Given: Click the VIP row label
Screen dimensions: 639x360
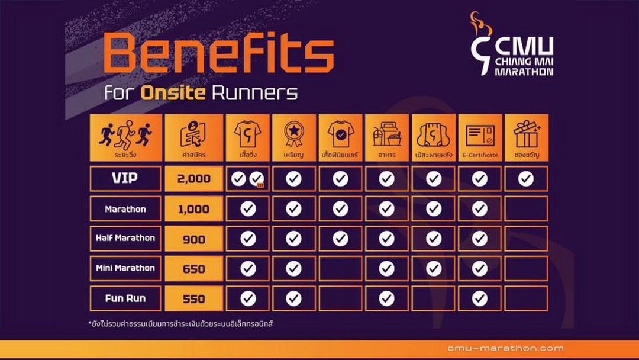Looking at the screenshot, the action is (x=125, y=179).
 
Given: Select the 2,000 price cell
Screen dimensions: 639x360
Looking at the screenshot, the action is (x=194, y=179).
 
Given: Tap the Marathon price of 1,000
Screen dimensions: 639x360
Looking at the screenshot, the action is (x=194, y=209).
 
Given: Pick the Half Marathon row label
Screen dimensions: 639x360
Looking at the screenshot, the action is (x=125, y=239).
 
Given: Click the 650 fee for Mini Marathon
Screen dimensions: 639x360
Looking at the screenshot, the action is (x=194, y=269).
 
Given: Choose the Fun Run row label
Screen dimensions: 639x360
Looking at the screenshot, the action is (x=125, y=298).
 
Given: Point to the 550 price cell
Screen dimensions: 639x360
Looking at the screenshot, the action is (x=194, y=298).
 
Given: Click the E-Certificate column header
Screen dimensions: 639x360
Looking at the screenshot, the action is (x=480, y=138).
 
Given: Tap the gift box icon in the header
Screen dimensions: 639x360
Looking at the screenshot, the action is (x=527, y=134).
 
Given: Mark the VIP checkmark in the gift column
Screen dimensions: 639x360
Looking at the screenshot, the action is (x=526, y=179).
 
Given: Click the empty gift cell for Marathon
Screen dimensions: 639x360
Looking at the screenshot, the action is (x=526, y=209).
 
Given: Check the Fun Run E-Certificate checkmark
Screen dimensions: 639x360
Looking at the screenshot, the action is (x=480, y=298).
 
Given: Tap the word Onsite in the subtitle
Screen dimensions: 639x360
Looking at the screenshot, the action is (x=173, y=93).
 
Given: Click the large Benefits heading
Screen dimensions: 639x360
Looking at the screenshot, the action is (x=219, y=53).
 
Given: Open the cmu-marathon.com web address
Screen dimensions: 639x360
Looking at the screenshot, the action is (x=505, y=348).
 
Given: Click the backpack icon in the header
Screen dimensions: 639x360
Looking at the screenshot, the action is (x=433, y=134).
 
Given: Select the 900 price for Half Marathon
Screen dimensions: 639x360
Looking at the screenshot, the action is (x=194, y=239).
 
